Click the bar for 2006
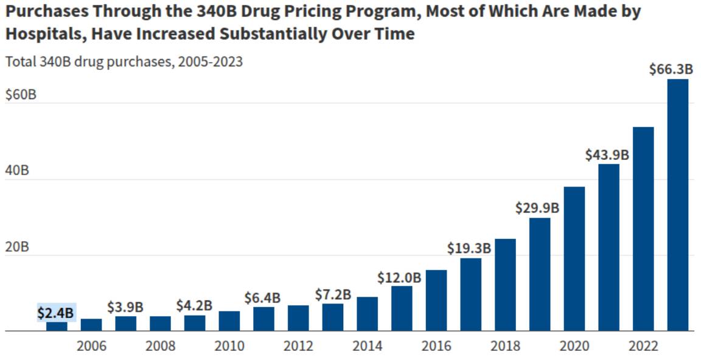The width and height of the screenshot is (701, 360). [x=91, y=325]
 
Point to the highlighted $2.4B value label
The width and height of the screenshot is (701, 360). [x=56, y=313]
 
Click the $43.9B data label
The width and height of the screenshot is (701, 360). [x=607, y=155]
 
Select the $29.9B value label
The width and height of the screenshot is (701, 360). [x=537, y=209]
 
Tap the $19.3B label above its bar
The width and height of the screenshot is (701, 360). [x=469, y=248]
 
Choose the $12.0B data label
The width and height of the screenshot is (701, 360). [x=399, y=278]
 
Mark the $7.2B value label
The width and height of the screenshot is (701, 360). [x=333, y=294]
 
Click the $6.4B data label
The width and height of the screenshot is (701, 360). [x=262, y=298]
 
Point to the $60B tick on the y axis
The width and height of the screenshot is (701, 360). [x=21, y=95]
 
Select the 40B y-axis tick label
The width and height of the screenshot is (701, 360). [x=17, y=171]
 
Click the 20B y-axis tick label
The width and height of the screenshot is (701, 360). [x=17, y=247]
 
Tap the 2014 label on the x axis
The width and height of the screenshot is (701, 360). [x=367, y=346]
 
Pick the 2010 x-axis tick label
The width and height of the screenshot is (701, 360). [x=229, y=346]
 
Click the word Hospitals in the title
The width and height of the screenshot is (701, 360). [x=43, y=34]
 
